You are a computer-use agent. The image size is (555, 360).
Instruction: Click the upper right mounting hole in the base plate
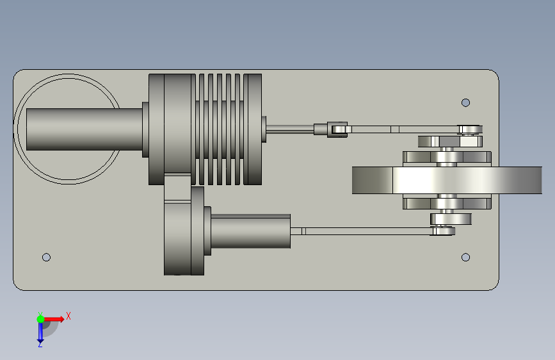tap(465, 102)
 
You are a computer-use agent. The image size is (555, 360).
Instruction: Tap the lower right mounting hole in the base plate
tap(465, 258)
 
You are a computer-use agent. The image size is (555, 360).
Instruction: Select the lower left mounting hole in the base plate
tap(46, 258)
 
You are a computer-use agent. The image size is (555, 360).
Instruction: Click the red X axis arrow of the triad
tap(54, 319)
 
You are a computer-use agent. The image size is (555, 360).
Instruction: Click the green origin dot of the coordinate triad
tap(41, 319)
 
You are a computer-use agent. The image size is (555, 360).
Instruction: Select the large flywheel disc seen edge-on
tap(447, 181)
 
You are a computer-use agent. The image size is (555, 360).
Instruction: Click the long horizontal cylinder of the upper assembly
tap(84, 129)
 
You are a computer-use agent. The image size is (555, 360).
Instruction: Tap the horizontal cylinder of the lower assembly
tap(250, 231)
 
